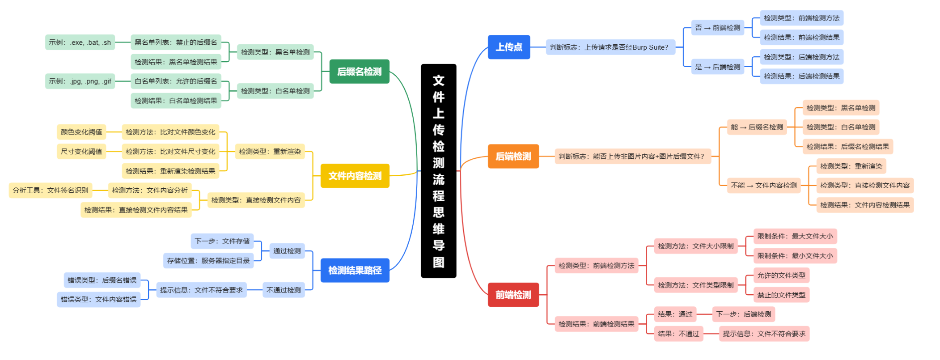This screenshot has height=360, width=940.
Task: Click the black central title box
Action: coord(438,170)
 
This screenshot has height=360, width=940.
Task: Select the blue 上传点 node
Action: coord(509,47)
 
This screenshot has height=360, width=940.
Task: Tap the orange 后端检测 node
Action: coord(513,156)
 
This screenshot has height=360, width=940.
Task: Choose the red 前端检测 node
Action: coord(513,295)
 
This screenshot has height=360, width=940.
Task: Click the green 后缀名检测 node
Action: coord(359,72)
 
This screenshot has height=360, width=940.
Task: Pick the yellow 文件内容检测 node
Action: coord(355,176)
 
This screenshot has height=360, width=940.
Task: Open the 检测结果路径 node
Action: coord(355,270)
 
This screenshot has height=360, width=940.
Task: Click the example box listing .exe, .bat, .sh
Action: coord(80,42)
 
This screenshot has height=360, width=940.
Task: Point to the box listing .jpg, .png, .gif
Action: coord(80,81)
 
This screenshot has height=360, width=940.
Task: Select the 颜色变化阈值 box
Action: coord(81,132)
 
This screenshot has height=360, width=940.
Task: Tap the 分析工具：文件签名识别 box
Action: coord(50,191)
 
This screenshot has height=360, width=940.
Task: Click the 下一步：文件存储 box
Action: coord(222,241)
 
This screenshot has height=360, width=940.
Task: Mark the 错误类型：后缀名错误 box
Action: coord(102,280)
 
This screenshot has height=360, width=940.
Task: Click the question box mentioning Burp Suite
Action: coord(610,47)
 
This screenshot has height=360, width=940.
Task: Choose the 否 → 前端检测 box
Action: coord(717,28)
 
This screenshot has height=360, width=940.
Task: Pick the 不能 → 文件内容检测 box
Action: coord(763,186)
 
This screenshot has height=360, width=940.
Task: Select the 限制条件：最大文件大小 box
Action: coord(795,236)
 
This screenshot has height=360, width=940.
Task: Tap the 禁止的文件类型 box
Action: coord(781,295)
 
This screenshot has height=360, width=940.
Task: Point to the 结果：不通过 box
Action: coord(678,334)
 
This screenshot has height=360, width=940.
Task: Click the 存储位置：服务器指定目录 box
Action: coord(208,261)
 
